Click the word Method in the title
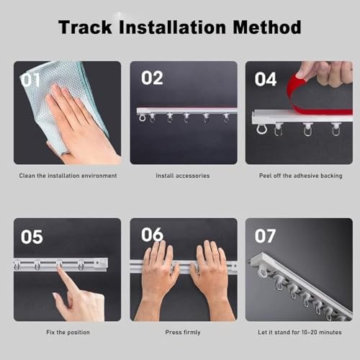tap(266, 28)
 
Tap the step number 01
tap(31, 79)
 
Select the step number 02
tap(152, 78)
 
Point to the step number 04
tap(266, 78)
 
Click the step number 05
tap(31, 236)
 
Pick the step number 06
tap(152, 235)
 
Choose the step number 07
tap(266, 235)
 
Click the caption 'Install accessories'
tap(183, 176)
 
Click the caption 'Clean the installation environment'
tap(68, 176)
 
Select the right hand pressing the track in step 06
tap(210, 277)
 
